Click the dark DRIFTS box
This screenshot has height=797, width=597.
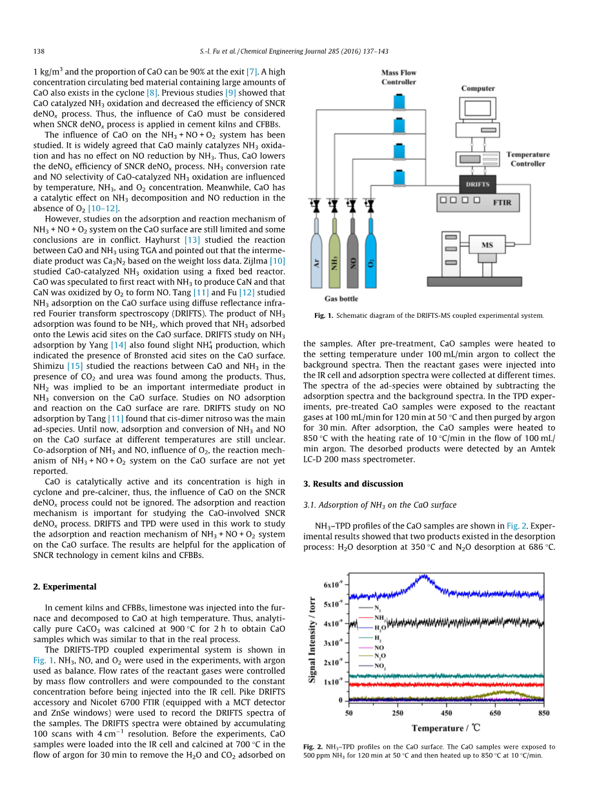tap(477, 184)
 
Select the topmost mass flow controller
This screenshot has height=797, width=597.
tap(399, 101)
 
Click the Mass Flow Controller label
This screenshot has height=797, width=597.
tap(399, 78)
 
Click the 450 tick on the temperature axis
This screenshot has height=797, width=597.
tap(447, 712)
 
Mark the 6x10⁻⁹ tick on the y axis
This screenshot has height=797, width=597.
tap(331, 585)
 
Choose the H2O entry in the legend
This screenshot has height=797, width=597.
tap(379, 627)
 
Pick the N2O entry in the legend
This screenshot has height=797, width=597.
tap(380, 656)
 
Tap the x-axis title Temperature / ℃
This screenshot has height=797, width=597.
tap(446, 728)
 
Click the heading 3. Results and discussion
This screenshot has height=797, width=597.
tap(353, 484)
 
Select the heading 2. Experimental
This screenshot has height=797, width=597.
tap(65, 586)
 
